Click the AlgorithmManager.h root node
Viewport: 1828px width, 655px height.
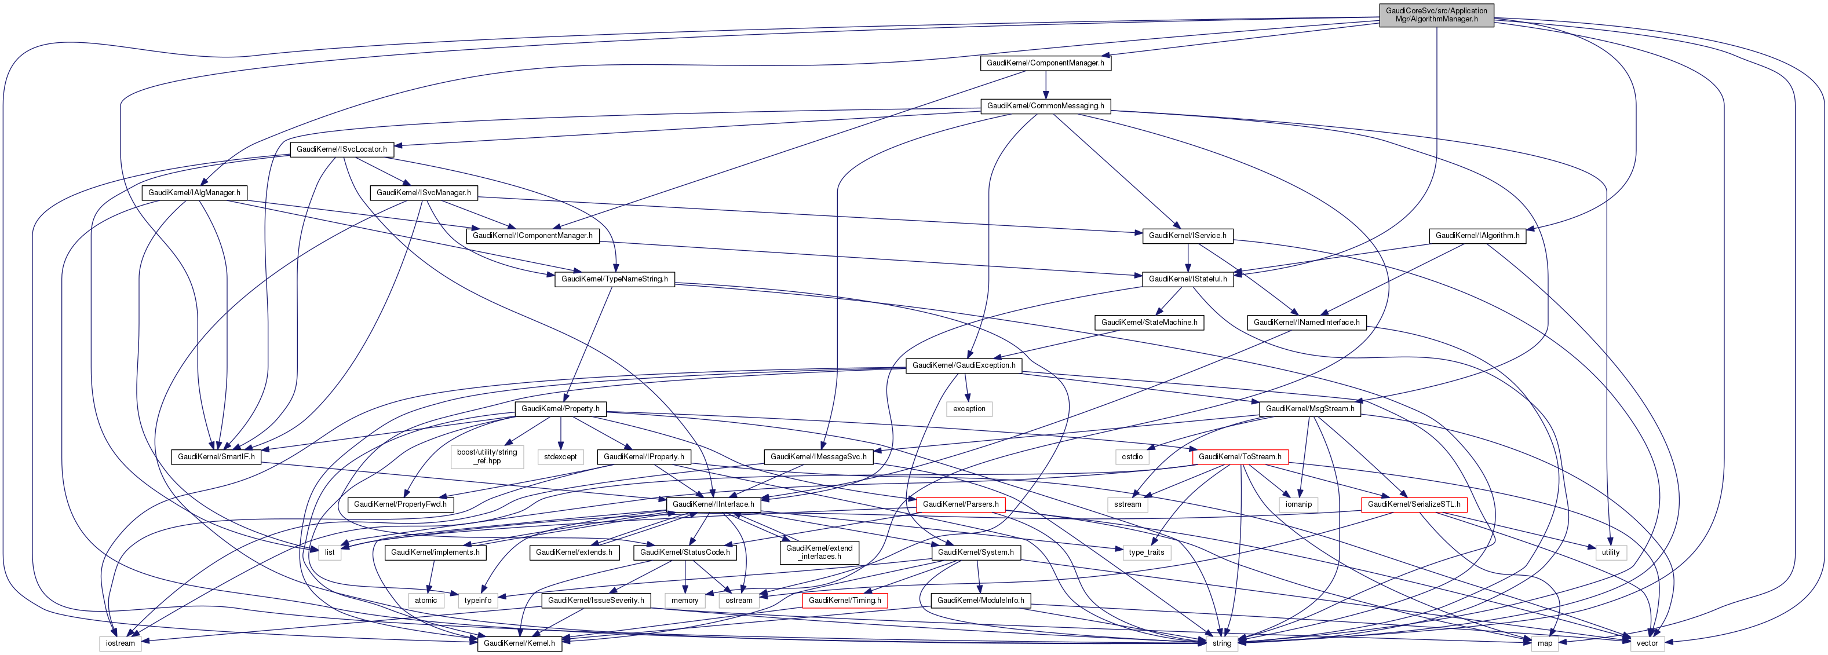1436,15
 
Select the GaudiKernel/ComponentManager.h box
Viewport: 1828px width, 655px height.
1045,63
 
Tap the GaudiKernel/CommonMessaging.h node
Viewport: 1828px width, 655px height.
1045,106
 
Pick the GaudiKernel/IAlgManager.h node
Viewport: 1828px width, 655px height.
194,193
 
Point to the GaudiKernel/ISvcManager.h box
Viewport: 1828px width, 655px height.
423,193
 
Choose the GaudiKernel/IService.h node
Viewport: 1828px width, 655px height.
1187,236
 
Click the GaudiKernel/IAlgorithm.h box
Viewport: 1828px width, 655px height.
1477,236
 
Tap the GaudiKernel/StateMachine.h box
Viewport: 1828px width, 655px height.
1149,322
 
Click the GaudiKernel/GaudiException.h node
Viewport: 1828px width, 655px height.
963,365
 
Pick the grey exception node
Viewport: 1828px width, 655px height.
969,409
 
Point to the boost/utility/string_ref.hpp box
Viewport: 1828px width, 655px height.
487,456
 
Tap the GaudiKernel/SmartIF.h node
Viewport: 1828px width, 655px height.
216,457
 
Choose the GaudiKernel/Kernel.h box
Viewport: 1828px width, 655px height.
519,643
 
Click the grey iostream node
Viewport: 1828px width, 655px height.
120,643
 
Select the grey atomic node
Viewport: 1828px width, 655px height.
426,601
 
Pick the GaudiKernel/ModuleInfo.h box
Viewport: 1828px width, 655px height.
980,601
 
